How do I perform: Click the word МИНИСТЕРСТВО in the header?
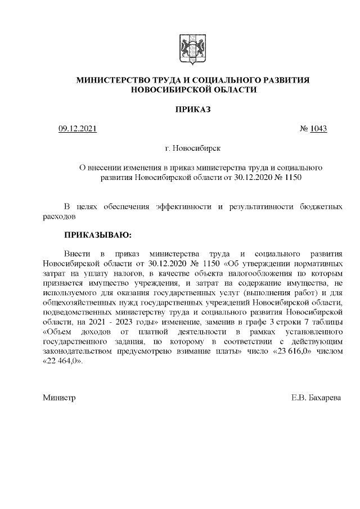115,81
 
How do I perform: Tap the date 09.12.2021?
78,129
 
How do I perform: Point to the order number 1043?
318,129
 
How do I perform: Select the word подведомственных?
78,312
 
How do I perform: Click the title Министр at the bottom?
59,398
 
